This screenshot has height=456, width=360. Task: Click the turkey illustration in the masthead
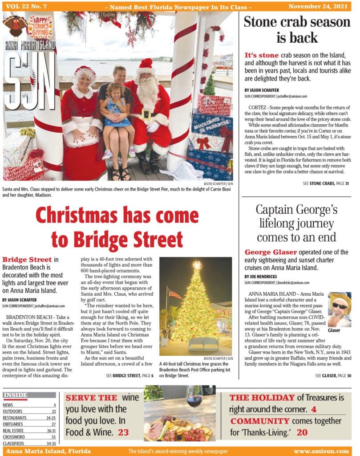[x=16, y=26]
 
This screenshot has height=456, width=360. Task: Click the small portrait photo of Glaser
[x=340, y=309]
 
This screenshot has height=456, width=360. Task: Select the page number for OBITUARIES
[x=53, y=424]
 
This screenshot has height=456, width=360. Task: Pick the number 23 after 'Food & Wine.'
[x=123, y=432]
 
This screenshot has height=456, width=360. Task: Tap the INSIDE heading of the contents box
[x=16, y=395]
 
